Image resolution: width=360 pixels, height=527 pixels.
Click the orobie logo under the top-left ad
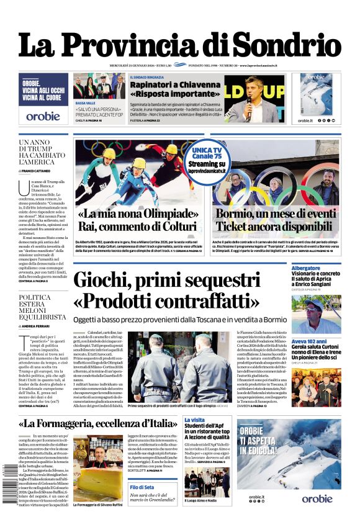click(x=43, y=115)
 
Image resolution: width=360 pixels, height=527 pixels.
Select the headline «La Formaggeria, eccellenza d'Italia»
click(x=97, y=424)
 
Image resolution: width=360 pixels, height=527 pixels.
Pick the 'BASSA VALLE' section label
click(x=85, y=102)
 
